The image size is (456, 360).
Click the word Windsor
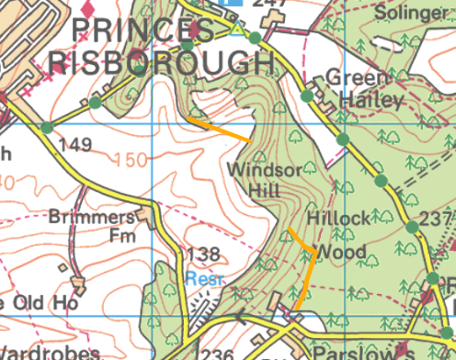[265, 170]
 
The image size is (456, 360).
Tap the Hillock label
[338, 219]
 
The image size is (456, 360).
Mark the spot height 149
[74, 144]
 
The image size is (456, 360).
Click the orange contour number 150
[131, 161]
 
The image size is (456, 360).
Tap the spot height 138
[202, 254]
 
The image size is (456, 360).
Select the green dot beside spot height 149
[46, 127]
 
